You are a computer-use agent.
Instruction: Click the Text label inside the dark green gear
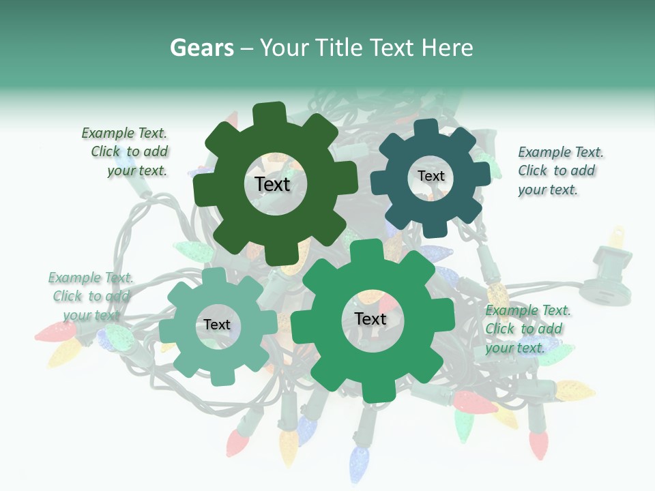[x=272, y=184]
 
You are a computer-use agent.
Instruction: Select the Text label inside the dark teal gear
[x=431, y=176]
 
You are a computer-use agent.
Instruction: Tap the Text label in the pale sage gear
[x=216, y=325]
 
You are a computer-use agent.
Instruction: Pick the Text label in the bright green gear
[x=370, y=318]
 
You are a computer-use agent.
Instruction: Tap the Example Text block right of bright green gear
[x=527, y=329]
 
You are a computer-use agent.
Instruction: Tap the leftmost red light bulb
[x=55, y=332]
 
